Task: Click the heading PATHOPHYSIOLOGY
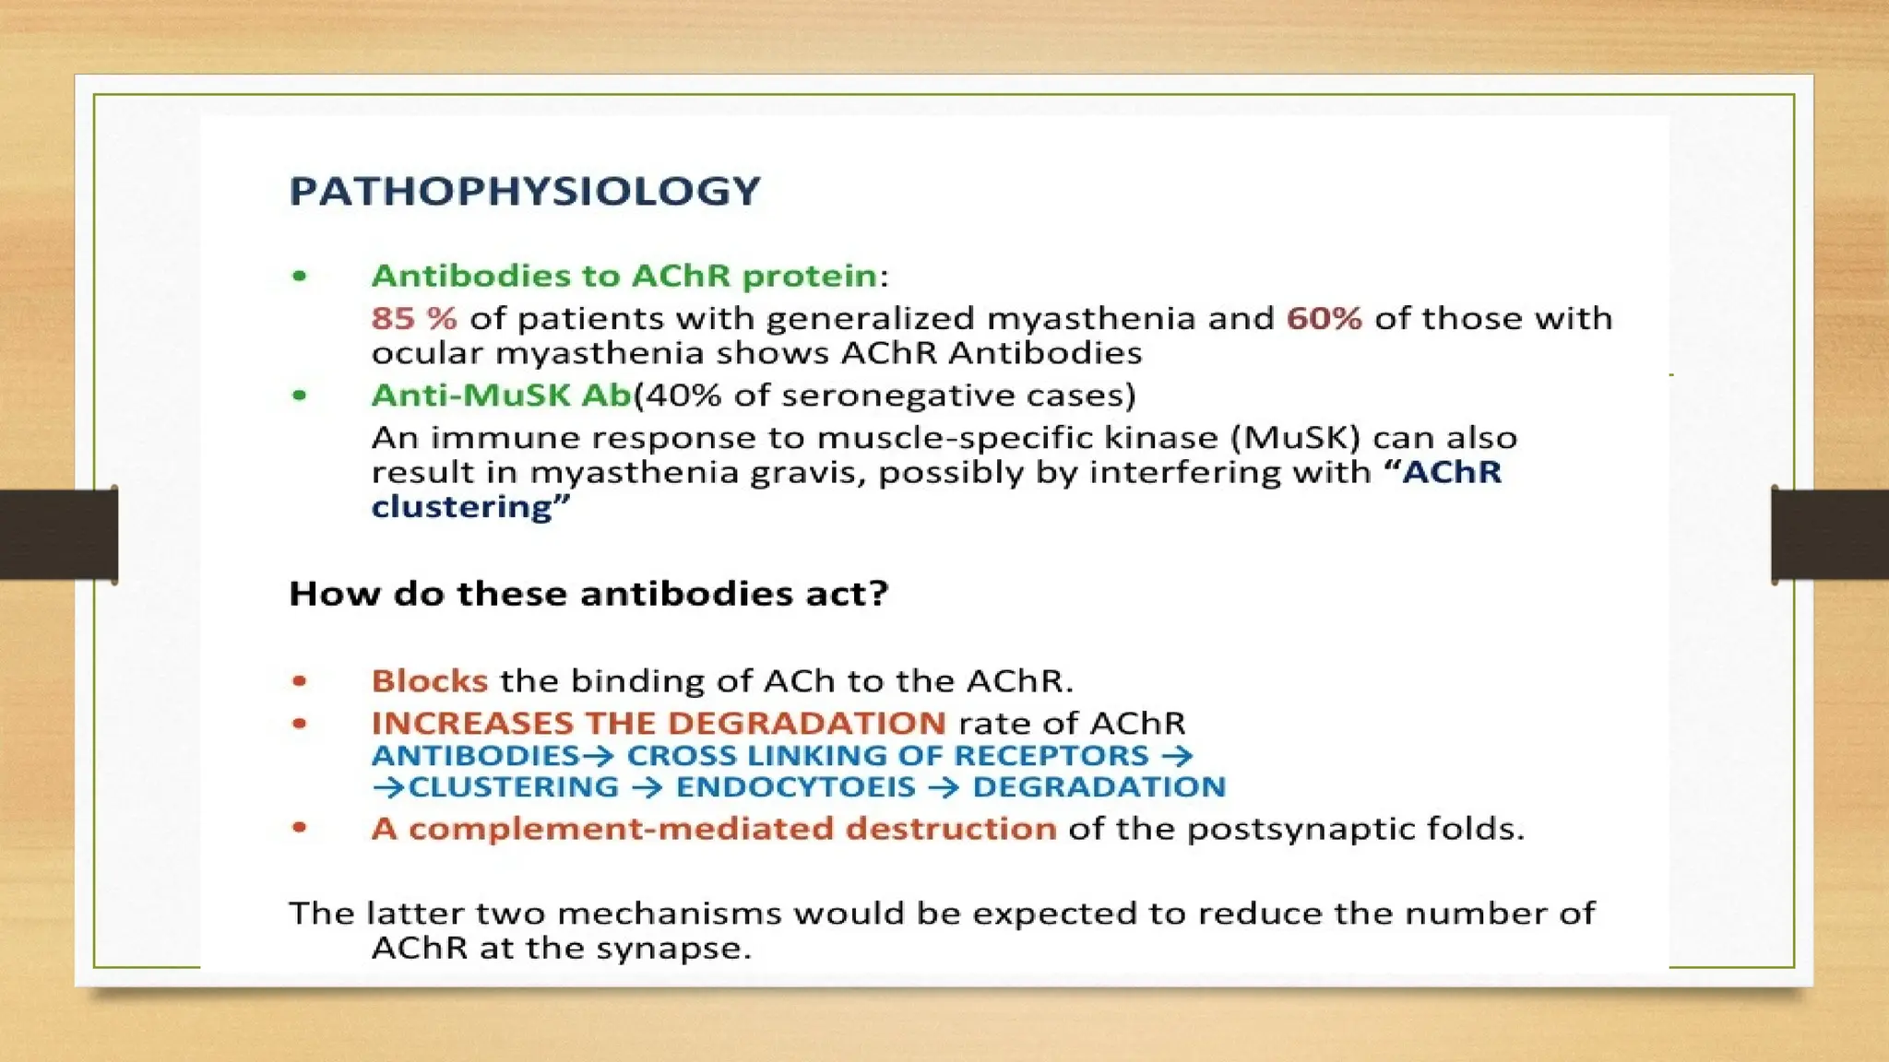[x=525, y=192]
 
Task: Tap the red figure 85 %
[x=414, y=318]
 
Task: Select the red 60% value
[x=1324, y=318]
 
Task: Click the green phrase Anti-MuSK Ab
[x=501, y=395]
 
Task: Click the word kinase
[x=1168, y=437]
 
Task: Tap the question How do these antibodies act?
[x=588, y=593]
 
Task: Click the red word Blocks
[x=429, y=681]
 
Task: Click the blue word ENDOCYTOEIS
[x=795, y=787]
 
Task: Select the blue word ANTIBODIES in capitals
[x=475, y=756]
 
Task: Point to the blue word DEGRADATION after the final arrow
[x=1099, y=787]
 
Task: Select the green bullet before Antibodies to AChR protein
[x=299, y=276]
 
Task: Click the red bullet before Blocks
[x=299, y=681]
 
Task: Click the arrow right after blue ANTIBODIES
[x=599, y=756]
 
